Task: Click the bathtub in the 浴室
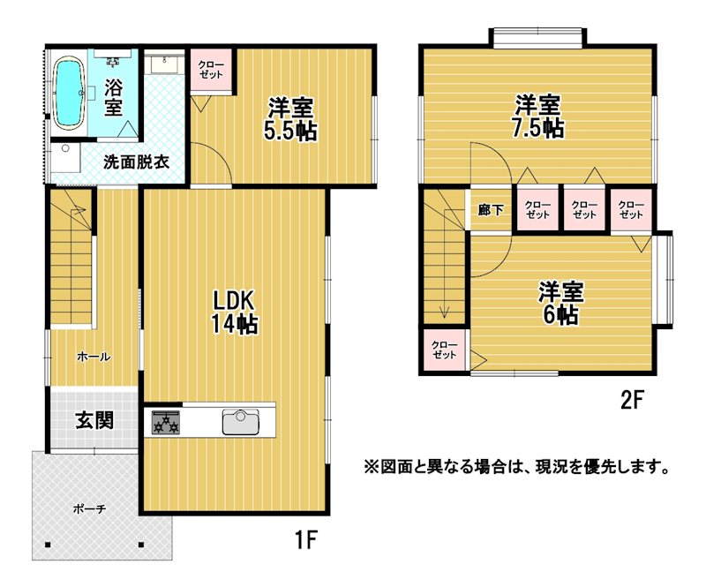coord(69,94)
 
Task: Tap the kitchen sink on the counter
coord(241,422)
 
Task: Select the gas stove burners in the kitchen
coord(166,422)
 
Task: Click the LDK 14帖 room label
coord(234,312)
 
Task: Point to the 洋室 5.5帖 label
coord(290,118)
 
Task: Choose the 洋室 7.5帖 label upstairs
coord(538,116)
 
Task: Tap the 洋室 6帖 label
coord(560,303)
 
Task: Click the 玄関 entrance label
coord(94,420)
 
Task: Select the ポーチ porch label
coord(89,509)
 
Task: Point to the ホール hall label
coord(94,357)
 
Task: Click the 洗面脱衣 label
coord(136,162)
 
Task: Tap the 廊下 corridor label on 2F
coord(491,209)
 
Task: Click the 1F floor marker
coord(306,539)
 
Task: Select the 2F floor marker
coord(633,400)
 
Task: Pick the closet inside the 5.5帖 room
coord(211,71)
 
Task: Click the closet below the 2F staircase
coord(445,350)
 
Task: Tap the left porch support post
coord(48,546)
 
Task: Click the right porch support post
coord(141,545)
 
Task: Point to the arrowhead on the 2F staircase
coord(445,312)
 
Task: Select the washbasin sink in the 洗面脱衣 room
coord(165,64)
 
